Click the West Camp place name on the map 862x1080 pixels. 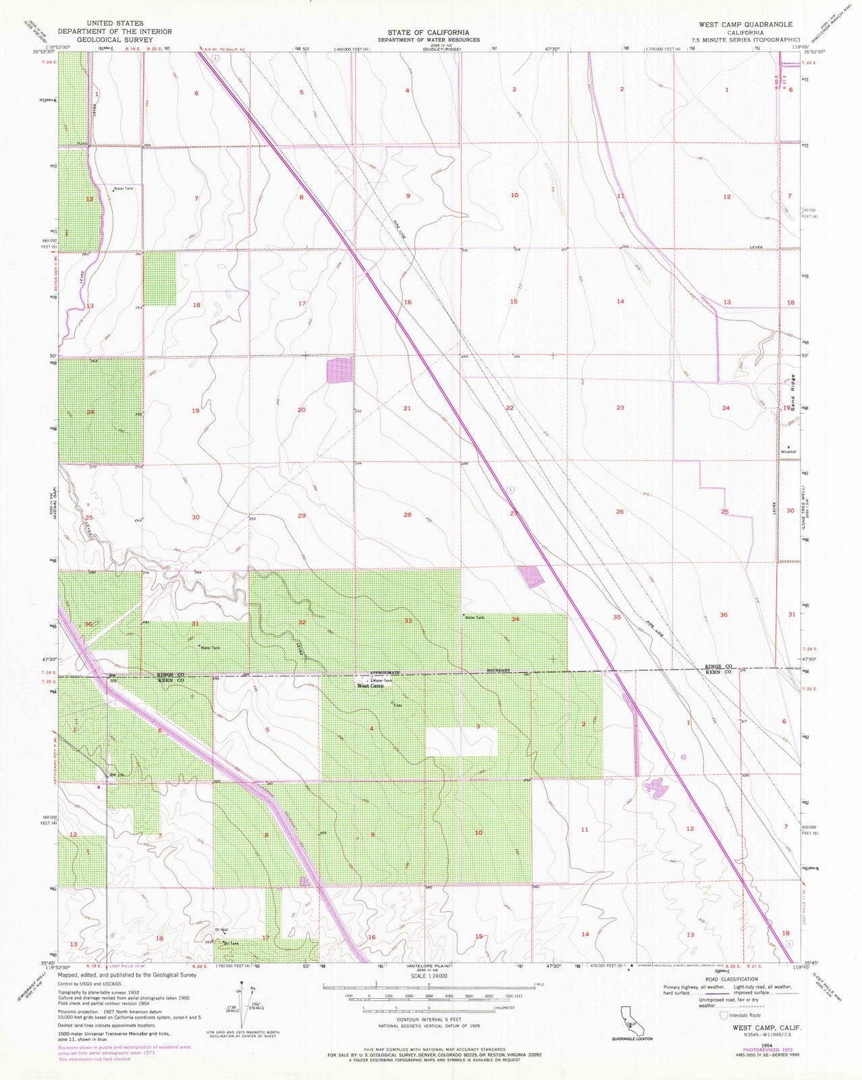[370, 686]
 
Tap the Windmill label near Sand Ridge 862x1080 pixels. [788, 451]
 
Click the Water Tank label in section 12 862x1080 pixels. [124, 189]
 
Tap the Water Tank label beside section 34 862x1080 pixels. [474, 617]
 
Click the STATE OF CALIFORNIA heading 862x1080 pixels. [428, 32]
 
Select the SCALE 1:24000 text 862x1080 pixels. [429, 975]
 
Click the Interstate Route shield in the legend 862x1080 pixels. [724, 1015]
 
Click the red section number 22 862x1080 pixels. [510, 408]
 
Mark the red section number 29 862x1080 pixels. [302, 516]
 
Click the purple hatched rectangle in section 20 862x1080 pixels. [340, 371]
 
